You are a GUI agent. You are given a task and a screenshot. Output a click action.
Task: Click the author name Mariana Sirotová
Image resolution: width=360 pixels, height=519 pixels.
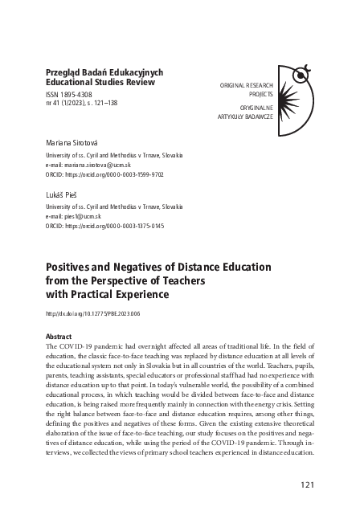[76, 141]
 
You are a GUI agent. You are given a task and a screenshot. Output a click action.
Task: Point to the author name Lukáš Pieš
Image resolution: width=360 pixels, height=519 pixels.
[66, 195]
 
